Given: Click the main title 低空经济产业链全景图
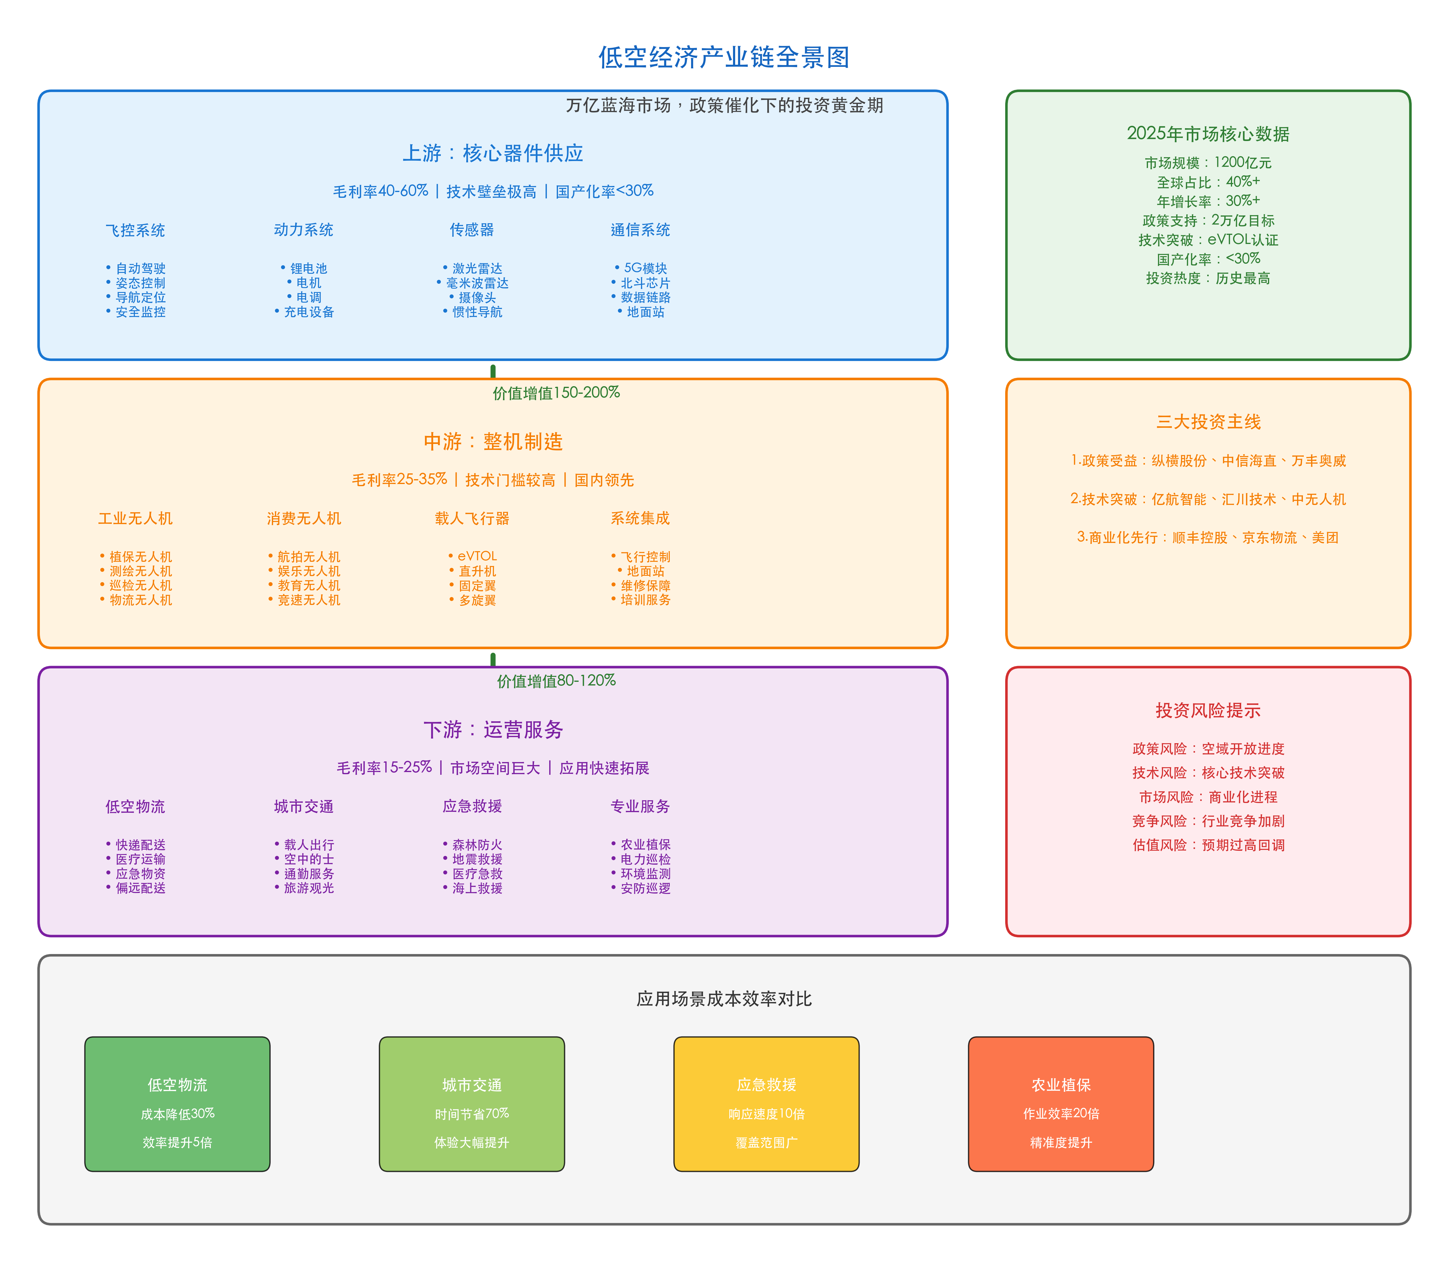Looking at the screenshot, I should click(x=724, y=57).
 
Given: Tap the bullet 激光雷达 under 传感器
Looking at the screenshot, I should click(x=477, y=269).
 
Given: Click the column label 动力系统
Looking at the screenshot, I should click(x=303, y=230).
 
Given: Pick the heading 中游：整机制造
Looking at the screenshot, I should click(x=493, y=442).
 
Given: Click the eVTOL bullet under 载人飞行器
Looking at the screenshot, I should click(x=477, y=556).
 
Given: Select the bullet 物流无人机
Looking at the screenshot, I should click(x=140, y=599).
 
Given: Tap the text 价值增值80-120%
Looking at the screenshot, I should click(x=556, y=681).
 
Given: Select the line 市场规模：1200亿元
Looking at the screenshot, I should click(x=1208, y=163).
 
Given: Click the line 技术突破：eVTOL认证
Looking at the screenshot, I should click(x=1208, y=240).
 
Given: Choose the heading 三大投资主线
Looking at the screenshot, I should click(x=1208, y=422).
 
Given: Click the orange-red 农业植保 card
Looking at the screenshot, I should click(x=1060, y=1104).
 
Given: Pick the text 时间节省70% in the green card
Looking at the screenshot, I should click(x=471, y=1114).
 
